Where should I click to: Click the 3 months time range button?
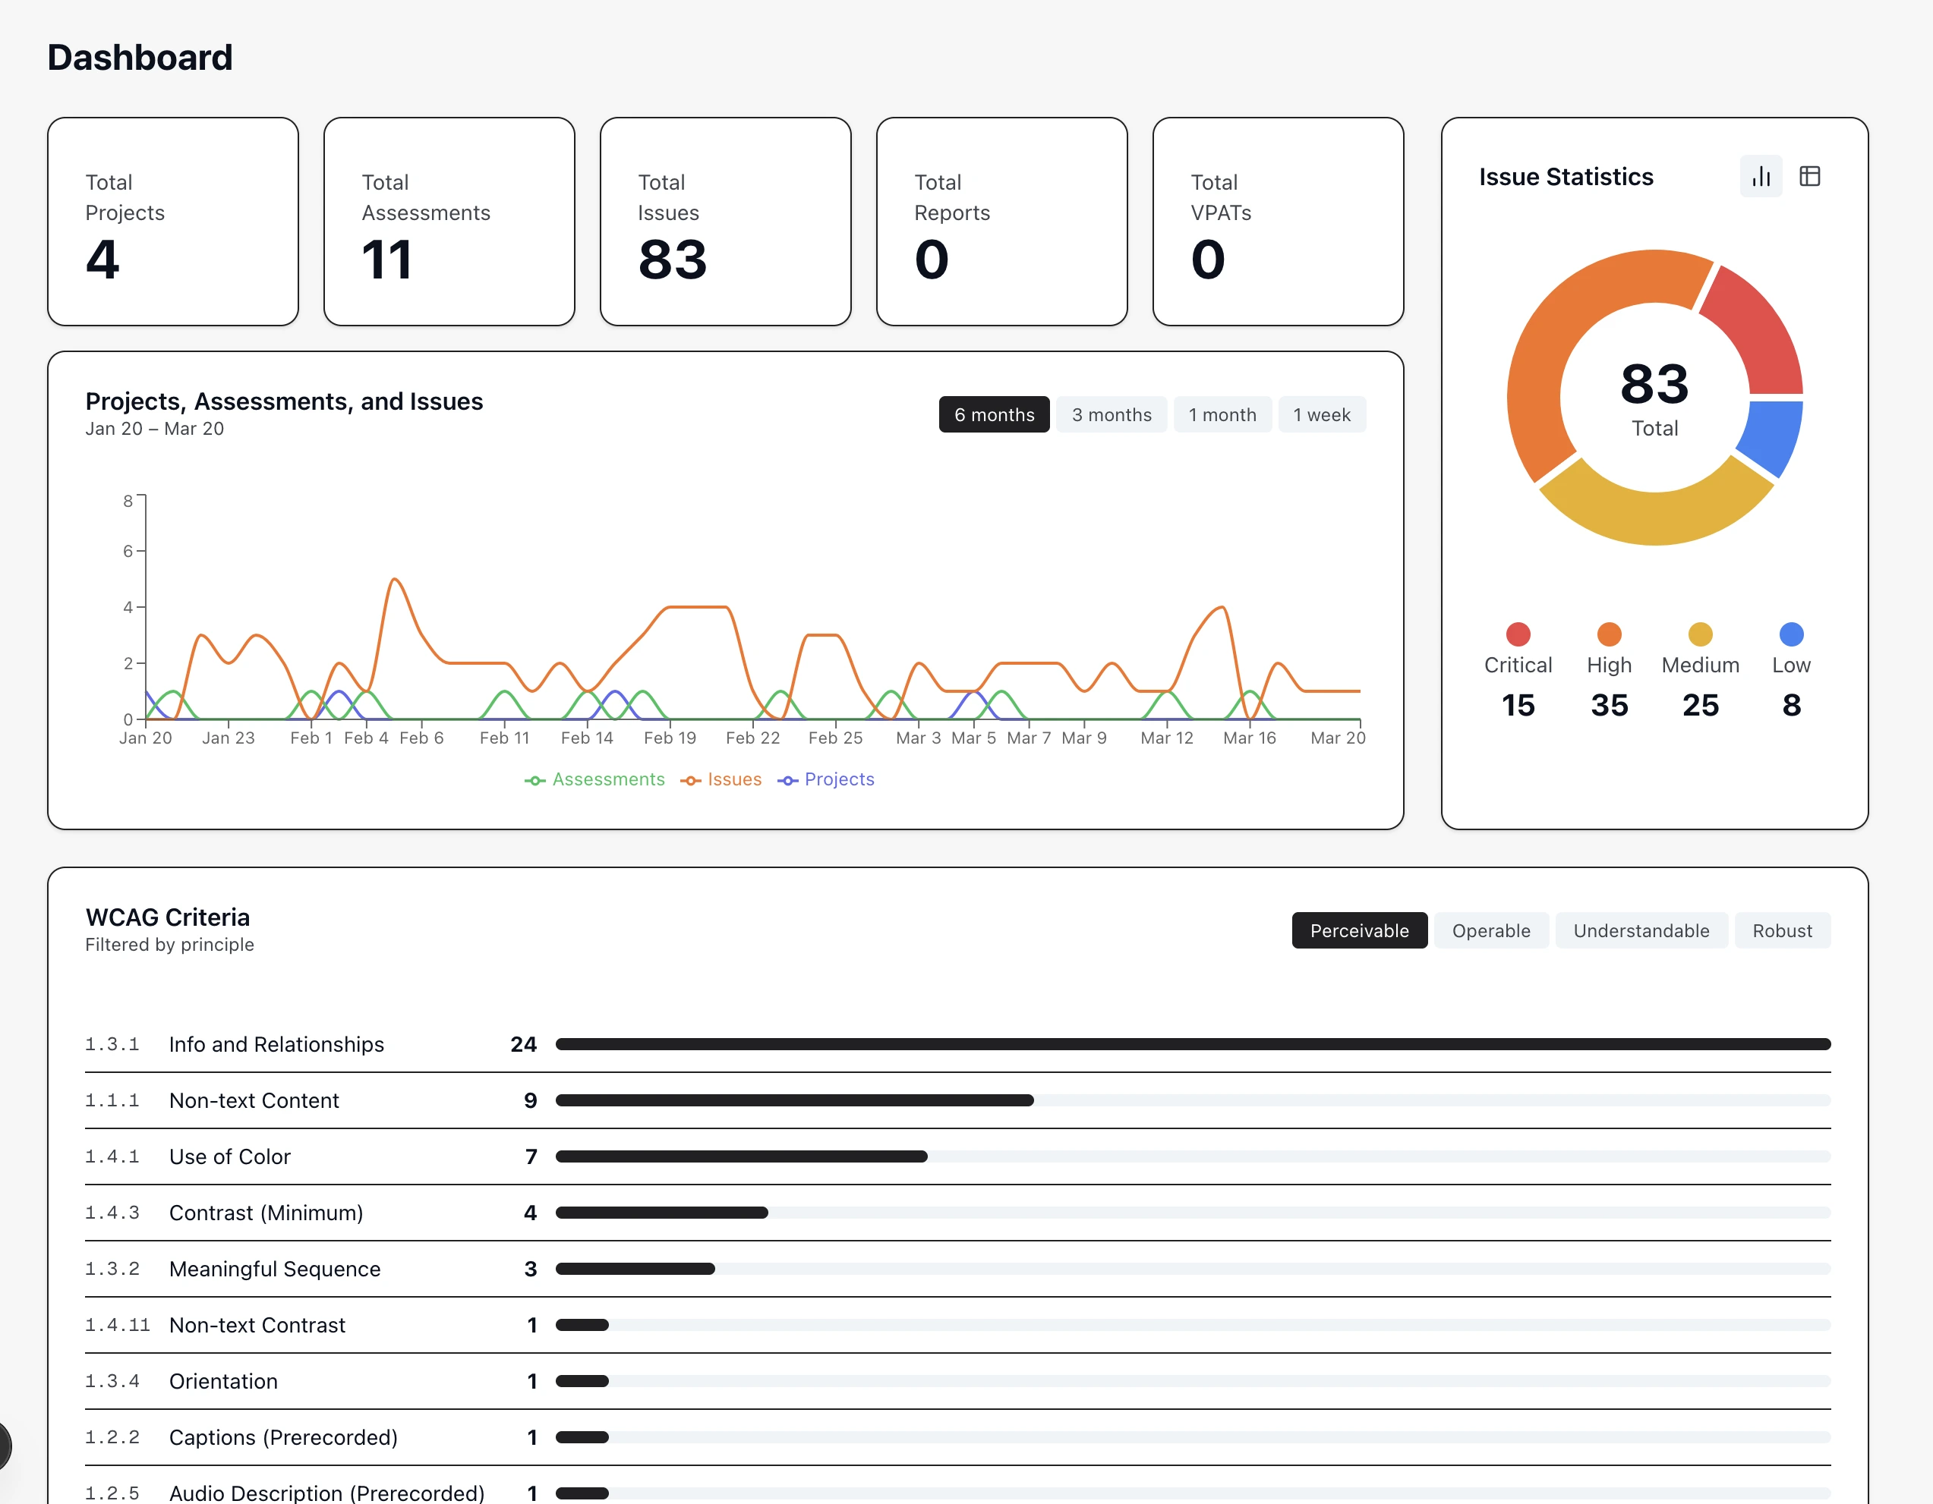coord(1111,415)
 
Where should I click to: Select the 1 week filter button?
coord(1320,415)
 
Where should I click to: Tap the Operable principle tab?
coord(1490,931)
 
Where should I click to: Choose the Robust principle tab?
coord(1782,931)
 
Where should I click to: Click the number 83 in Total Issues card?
coord(672,260)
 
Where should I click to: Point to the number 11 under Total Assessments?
coord(386,260)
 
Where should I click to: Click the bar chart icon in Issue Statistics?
coord(1761,177)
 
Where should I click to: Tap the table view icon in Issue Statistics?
coord(1809,177)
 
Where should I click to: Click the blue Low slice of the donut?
coord(1772,436)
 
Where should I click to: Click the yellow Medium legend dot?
coord(1700,634)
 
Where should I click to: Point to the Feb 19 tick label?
coord(670,738)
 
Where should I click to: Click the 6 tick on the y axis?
coord(128,551)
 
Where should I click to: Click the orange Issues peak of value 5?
coord(395,581)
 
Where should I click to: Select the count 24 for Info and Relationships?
coord(523,1045)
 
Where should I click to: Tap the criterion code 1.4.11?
coord(117,1325)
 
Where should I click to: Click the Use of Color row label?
coord(230,1157)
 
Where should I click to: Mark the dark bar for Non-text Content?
coord(794,1100)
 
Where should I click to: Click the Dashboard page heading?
coord(140,58)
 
